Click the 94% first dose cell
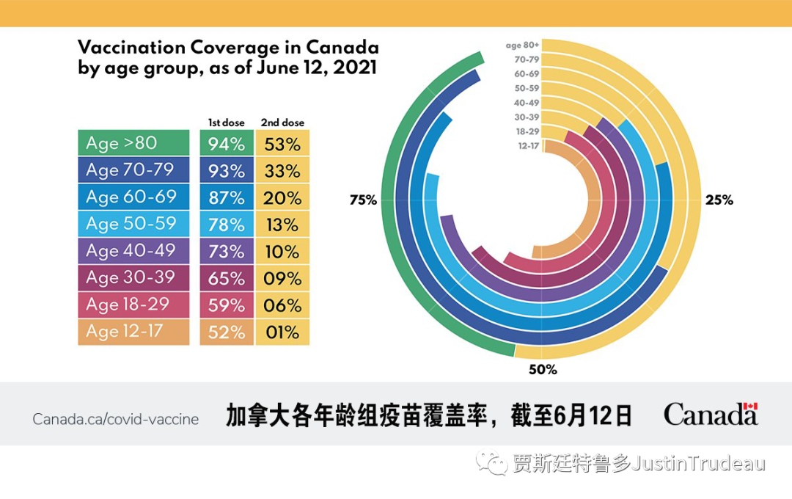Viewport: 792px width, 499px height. coord(227,144)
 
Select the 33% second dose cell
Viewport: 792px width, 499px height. coord(282,171)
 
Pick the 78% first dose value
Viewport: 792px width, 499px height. coord(227,225)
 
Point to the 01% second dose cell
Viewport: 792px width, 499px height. coord(282,332)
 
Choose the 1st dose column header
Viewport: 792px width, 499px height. coord(227,123)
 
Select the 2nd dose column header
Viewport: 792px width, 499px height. coord(282,123)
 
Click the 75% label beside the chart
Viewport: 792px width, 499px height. coord(363,200)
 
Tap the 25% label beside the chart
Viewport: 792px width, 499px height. coord(719,200)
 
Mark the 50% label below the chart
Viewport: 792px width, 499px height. coord(543,370)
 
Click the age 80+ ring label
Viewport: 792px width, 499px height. coord(522,45)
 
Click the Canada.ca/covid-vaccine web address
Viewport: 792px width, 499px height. coord(115,420)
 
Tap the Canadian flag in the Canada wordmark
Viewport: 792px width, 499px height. coord(749,407)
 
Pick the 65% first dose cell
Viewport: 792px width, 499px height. coord(227,279)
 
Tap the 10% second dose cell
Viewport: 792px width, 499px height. coord(282,252)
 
